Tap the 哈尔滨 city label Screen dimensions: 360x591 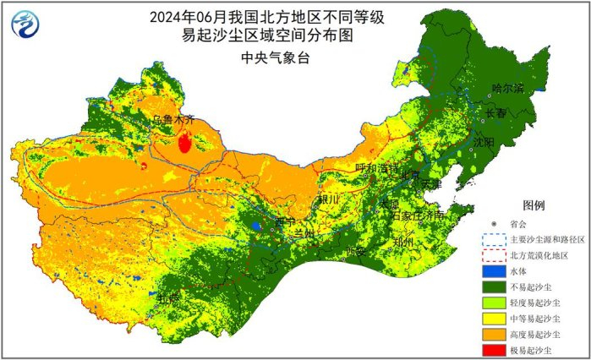tap(507, 89)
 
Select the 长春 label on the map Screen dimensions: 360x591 tap(496, 112)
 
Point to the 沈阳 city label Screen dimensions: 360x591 tap(484, 143)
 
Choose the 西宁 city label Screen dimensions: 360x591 tap(285, 222)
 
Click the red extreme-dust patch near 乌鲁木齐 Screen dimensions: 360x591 tap(184, 143)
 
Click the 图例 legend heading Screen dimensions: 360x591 tap(534, 205)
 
